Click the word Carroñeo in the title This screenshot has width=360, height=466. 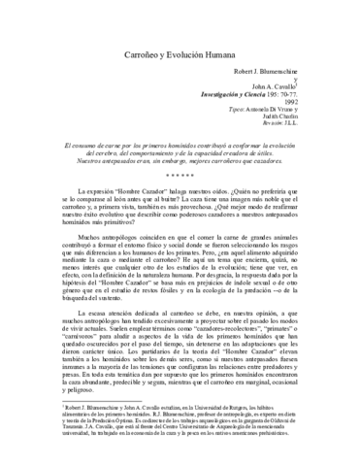point(145,57)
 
